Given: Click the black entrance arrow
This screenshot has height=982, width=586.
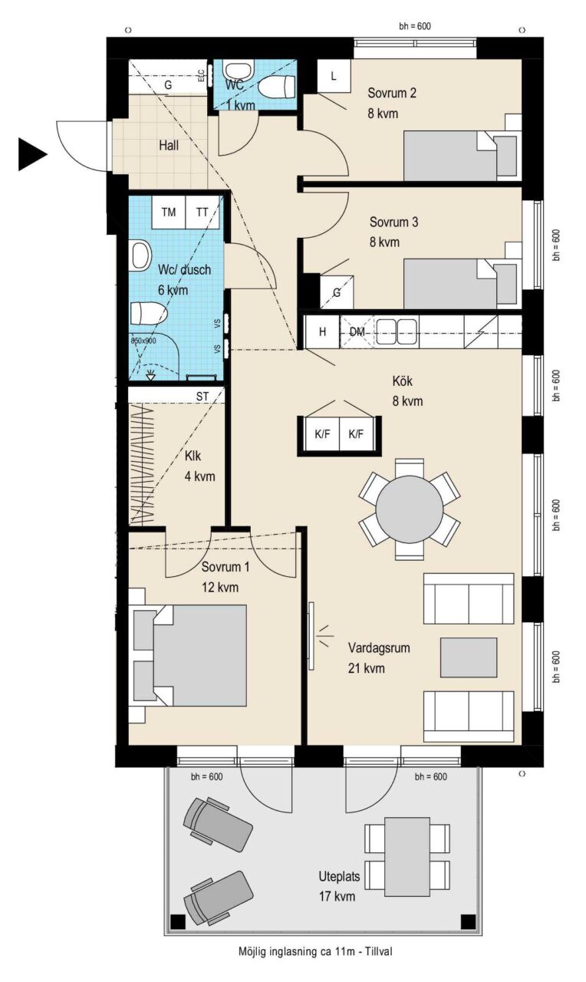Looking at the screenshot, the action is pyautogui.click(x=31, y=154).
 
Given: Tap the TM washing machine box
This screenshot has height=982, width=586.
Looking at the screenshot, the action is pyautogui.click(x=169, y=213).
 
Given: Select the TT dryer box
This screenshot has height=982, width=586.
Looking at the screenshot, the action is pyautogui.click(x=202, y=213).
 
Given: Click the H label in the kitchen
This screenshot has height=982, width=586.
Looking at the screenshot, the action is pyautogui.click(x=323, y=332).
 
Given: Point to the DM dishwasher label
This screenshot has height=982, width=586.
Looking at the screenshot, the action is pyautogui.click(x=357, y=332).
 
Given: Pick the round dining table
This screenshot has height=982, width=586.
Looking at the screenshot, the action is pyautogui.click(x=410, y=509).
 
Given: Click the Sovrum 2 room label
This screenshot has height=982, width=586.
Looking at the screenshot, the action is pyautogui.click(x=392, y=93).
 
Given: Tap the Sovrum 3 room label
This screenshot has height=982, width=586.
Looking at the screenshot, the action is pyautogui.click(x=393, y=222).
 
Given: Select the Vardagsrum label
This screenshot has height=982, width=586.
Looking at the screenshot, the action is pyautogui.click(x=379, y=648).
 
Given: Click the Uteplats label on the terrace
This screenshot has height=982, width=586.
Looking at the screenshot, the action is pyautogui.click(x=339, y=876).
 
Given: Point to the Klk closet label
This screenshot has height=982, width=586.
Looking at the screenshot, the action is pyautogui.click(x=193, y=456).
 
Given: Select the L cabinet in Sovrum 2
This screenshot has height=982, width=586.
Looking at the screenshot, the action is pyautogui.click(x=334, y=76).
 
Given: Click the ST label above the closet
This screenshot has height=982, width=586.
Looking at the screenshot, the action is pyautogui.click(x=202, y=397).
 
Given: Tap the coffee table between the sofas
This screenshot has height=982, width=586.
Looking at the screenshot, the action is pyautogui.click(x=469, y=657).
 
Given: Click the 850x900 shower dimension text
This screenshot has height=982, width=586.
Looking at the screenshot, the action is pyautogui.click(x=143, y=340).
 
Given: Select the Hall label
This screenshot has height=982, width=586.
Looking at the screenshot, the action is pyautogui.click(x=169, y=146).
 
